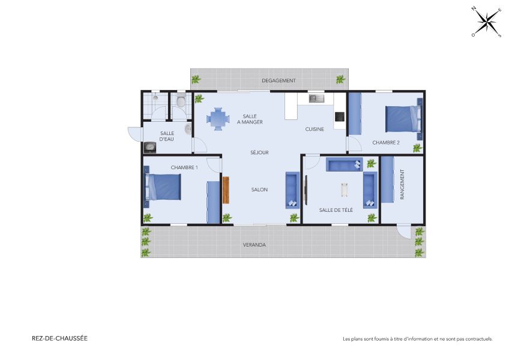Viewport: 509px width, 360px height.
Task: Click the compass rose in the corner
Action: [x=487, y=22]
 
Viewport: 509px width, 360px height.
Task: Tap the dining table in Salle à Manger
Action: [x=218, y=118]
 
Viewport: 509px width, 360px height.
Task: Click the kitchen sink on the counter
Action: [x=316, y=98]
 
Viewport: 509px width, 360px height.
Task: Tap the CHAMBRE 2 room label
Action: [x=386, y=143]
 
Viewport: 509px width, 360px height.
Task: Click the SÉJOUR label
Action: [x=259, y=152]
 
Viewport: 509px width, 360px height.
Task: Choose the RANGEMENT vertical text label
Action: [x=402, y=185]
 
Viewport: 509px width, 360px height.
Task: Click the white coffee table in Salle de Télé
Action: [x=345, y=190]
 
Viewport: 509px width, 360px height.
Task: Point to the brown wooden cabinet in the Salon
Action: [x=226, y=190]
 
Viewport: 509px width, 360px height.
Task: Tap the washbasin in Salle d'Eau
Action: [x=188, y=129]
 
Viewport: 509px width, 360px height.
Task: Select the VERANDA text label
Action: [x=254, y=245]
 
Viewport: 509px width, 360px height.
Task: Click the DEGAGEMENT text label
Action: [x=279, y=80]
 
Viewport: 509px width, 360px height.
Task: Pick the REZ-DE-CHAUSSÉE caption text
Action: [x=59, y=338]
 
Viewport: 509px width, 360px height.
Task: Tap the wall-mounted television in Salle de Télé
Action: [x=306, y=190]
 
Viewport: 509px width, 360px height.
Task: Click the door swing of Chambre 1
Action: [x=212, y=162]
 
